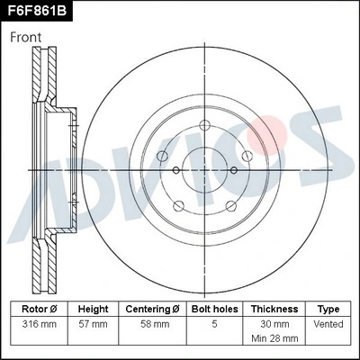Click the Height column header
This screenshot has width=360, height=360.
coord(93,309)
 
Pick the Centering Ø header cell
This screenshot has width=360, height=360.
coord(151,309)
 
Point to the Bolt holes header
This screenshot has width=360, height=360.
coord(213,309)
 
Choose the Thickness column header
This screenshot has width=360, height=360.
coord(274,309)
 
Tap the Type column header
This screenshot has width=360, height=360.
coord(328,309)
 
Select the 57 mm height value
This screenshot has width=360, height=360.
coord(93,322)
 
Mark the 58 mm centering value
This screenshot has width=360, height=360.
coord(151,322)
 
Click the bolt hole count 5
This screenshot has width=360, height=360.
coord(213,322)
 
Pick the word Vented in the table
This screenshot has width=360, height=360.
coord(328,322)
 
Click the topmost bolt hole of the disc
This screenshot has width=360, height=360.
coord(205,124)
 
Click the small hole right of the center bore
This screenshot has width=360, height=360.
coord(234,170)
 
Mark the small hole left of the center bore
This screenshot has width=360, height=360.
coord(176,170)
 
